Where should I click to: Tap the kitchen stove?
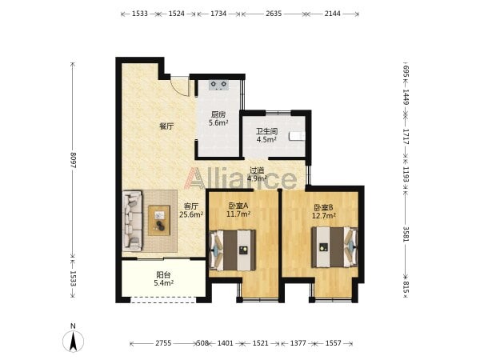219,85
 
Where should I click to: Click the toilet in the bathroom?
297,136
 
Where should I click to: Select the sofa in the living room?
133,221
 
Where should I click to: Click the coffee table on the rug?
159,221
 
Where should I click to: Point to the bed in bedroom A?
233,250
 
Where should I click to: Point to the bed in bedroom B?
334,247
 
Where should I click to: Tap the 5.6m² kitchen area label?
218,123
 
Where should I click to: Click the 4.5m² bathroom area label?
266,139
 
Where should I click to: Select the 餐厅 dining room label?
166,126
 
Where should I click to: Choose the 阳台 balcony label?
163,274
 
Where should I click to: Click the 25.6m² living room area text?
191,214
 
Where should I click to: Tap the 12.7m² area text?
323,215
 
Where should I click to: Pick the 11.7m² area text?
238,214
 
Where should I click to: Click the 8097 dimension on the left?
73,160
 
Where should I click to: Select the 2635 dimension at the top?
274,14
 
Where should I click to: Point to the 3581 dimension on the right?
406,234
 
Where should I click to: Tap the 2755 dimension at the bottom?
163,343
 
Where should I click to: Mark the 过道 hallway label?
257,170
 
